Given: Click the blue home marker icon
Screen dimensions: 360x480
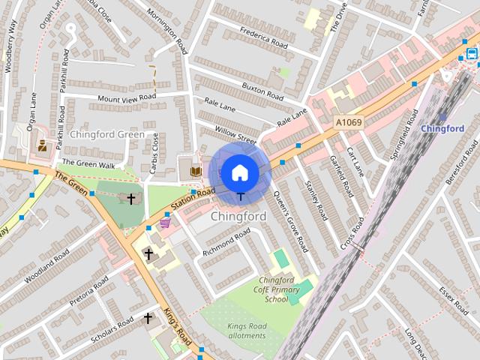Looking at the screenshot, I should point(240,173).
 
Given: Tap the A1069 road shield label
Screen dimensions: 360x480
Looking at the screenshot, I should point(348,122).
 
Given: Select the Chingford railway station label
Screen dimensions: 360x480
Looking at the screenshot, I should point(442,128).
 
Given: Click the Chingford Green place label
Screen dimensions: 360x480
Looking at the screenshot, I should point(106,134).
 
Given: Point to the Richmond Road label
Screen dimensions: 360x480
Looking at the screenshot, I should point(226,241).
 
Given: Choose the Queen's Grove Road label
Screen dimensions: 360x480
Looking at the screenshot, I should point(290,220).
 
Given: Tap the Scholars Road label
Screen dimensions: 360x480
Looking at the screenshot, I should point(112,327).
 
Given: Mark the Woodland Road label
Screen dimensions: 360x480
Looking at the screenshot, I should point(48,266).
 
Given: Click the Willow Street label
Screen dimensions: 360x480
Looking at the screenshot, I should point(236,133).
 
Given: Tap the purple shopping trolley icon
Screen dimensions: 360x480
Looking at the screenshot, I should point(165,222).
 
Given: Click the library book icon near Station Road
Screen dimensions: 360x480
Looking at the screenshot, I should point(196,172).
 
